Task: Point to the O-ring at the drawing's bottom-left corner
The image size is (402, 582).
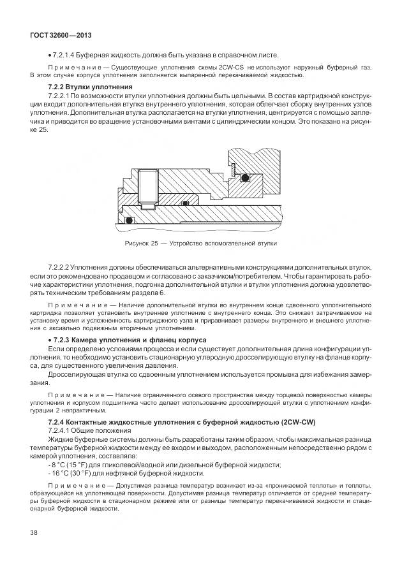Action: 130,221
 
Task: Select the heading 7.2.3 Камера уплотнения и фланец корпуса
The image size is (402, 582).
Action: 120,340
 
